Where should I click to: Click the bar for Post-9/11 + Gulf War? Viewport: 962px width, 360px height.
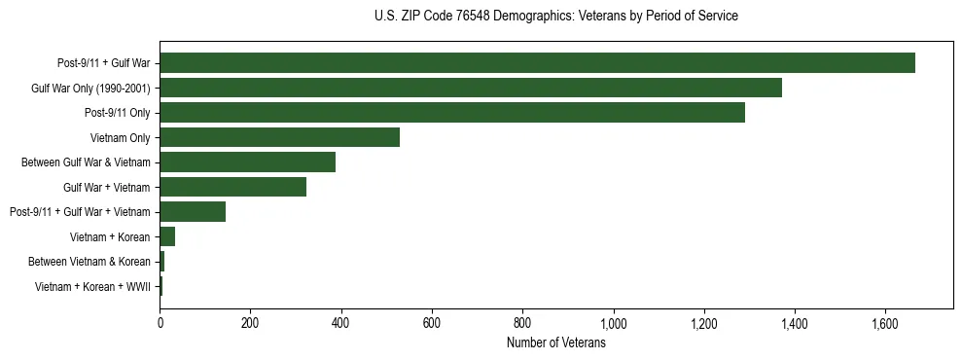(x=537, y=63)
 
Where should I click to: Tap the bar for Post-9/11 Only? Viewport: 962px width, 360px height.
(x=452, y=113)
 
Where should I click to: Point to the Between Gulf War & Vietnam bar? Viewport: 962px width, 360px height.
(x=247, y=162)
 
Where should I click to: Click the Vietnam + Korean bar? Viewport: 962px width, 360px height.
(x=167, y=236)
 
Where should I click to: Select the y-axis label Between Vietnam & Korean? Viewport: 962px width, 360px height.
(x=89, y=262)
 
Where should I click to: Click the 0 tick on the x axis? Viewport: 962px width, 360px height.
(x=160, y=323)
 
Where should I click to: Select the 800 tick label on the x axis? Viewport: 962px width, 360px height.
(x=522, y=323)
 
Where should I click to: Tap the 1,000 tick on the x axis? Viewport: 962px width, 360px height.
(x=614, y=323)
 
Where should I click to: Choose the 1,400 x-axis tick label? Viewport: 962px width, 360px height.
(x=795, y=323)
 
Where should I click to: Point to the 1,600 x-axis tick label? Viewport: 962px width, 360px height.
(x=885, y=323)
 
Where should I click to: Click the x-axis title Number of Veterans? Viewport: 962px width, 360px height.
(x=556, y=343)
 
